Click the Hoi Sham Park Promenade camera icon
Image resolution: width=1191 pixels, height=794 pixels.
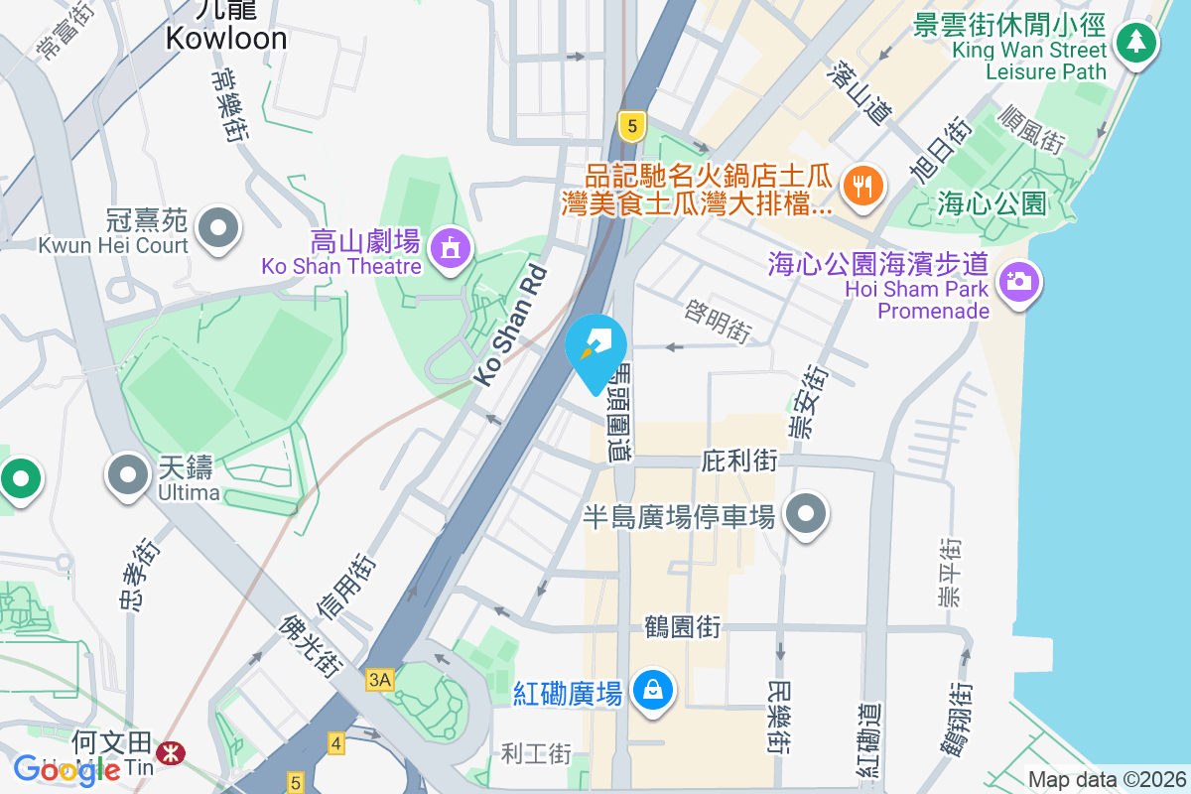[1017, 281]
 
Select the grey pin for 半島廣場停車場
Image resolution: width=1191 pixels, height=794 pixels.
[806, 514]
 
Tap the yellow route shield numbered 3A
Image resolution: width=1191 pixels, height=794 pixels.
[380, 680]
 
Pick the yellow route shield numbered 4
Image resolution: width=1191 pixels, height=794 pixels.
[336, 742]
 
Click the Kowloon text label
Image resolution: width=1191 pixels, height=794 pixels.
[226, 38]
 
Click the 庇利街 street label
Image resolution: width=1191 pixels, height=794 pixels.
[738, 461]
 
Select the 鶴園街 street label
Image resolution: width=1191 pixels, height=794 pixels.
[682, 627]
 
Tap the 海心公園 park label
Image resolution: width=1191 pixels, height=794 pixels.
[992, 204]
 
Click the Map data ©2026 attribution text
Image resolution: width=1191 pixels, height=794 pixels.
[1106, 780]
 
